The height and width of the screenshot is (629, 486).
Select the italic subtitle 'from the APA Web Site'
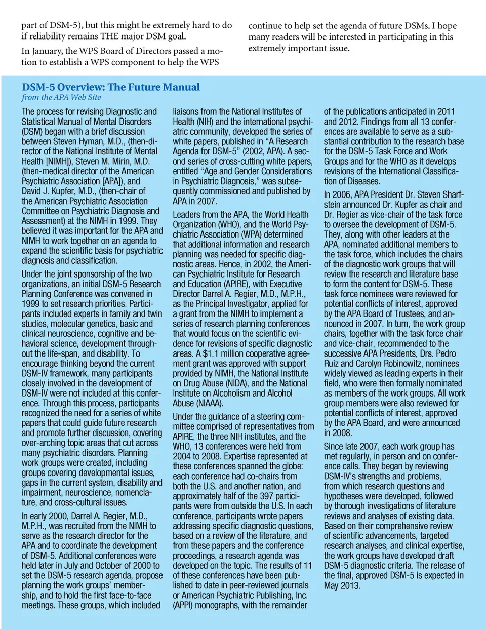coord(61,97)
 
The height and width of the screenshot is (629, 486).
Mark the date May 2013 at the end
coord(342,585)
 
